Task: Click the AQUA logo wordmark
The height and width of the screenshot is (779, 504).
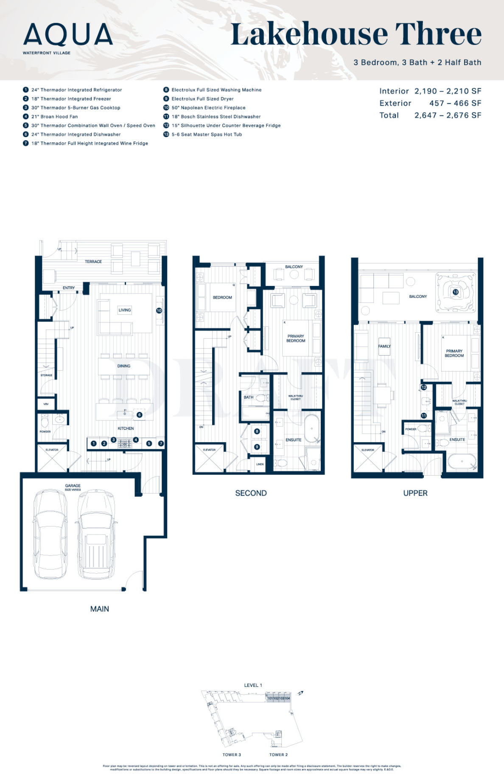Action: pyautogui.click(x=68, y=35)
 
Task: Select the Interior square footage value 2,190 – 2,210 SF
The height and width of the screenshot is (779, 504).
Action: pyautogui.click(x=448, y=91)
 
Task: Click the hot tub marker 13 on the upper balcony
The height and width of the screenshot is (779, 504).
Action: pyautogui.click(x=455, y=292)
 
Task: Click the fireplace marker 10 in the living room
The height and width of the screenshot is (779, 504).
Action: pyautogui.click(x=159, y=311)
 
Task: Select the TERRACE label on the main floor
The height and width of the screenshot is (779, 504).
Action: pyautogui.click(x=93, y=262)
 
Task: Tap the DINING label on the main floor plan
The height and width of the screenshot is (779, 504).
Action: pyautogui.click(x=124, y=366)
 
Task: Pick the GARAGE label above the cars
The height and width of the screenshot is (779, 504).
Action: pyautogui.click(x=73, y=486)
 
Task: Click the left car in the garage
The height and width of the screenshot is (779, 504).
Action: pyautogui.click(x=50, y=534)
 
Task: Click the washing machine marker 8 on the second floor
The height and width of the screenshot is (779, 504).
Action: pyautogui.click(x=257, y=432)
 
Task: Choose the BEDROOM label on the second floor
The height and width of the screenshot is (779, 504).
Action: pyautogui.click(x=222, y=297)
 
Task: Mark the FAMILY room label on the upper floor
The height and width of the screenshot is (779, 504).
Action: pyautogui.click(x=384, y=346)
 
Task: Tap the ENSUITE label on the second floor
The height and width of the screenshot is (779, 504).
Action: pyautogui.click(x=293, y=440)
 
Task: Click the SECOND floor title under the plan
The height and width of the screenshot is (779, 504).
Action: pyautogui.click(x=251, y=493)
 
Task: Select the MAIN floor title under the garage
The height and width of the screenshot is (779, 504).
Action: pyautogui.click(x=100, y=609)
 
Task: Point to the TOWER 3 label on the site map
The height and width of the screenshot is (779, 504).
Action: pyautogui.click(x=232, y=755)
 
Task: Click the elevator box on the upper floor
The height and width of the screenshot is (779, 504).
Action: pyautogui.click(x=368, y=458)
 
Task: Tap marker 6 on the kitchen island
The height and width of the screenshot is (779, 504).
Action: pyautogui.click(x=139, y=415)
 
